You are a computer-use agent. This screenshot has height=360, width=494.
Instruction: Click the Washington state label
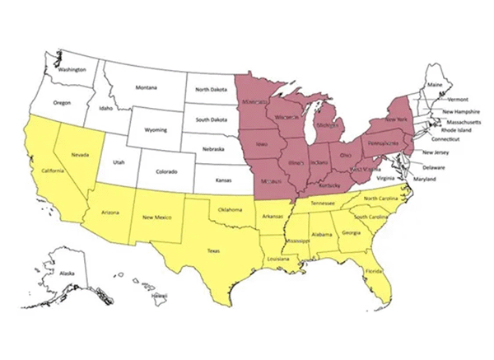click(x=72, y=69)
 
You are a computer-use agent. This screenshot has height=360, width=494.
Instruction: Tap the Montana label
click(x=147, y=87)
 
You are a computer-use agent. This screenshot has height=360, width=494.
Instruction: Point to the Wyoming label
click(x=156, y=130)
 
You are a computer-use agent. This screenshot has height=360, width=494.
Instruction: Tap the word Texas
click(x=213, y=250)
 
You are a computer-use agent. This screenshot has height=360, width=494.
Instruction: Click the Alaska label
click(x=67, y=273)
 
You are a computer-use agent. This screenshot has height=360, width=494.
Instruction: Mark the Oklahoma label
click(x=231, y=210)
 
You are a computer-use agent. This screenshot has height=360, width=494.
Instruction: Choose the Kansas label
click(x=222, y=179)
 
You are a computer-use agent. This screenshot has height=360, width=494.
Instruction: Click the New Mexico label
click(x=156, y=217)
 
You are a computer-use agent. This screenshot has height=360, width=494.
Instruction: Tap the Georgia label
click(x=352, y=233)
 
